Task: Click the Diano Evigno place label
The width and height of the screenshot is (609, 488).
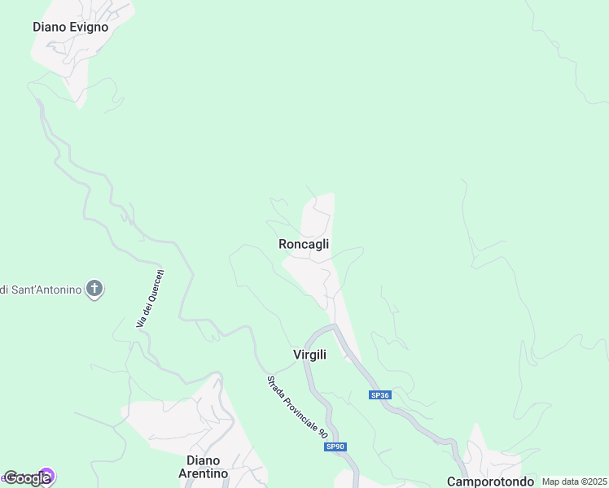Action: coord(70,27)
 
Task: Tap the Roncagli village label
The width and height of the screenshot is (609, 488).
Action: coord(304,244)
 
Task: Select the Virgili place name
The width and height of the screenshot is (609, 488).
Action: coord(309,355)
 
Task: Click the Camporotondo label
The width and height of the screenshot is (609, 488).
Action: coord(490,481)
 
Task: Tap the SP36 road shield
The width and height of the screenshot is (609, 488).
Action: coord(380,395)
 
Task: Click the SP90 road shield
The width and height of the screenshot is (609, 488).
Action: coord(335,447)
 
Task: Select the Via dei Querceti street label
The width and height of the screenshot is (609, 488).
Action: coord(151,299)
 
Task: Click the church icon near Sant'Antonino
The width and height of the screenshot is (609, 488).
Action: coord(95,289)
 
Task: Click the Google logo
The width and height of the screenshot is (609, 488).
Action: coord(27,478)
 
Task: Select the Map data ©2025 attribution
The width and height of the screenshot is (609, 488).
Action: coord(574,481)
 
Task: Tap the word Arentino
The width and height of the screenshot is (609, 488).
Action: coord(203,473)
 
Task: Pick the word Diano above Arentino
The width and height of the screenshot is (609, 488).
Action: coord(204,460)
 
